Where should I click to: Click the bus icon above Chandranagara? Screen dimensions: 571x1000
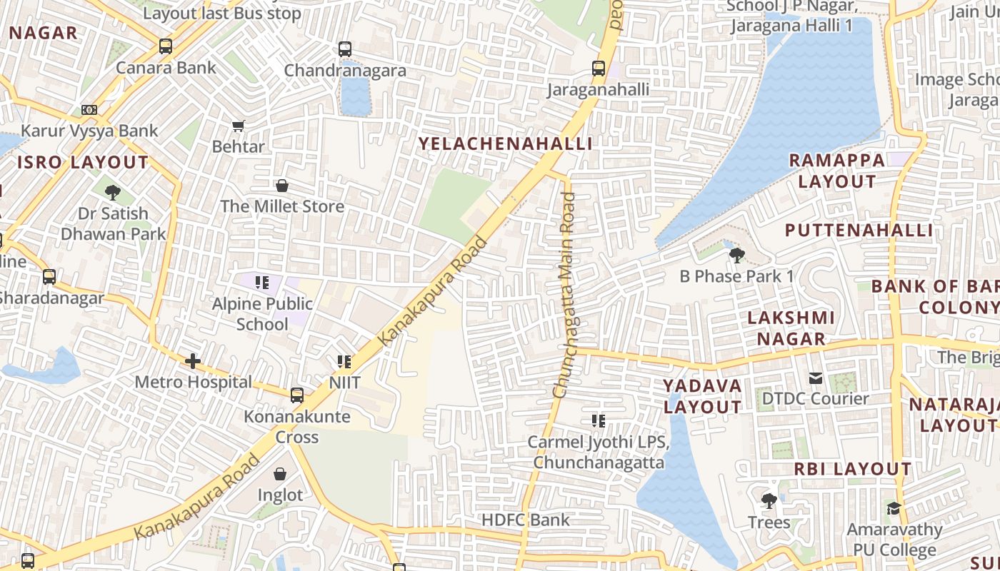(x=345, y=49)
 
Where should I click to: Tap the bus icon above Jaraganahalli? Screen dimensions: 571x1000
(x=599, y=69)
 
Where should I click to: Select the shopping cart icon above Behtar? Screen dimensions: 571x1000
(x=239, y=126)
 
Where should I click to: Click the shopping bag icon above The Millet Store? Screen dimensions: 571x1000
(x=282, y=186)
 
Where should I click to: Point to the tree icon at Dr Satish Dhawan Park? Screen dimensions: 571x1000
(x=112, y=192)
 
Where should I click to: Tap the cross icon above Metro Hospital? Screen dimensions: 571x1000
(x=193, y=361)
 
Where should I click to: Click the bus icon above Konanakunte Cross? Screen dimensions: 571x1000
(x=297, y=395)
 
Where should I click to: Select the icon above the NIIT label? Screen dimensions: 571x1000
(x=344, y=362)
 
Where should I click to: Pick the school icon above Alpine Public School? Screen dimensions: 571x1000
(x=262, y=283)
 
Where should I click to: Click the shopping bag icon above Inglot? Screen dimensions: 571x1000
(x=280, y=474)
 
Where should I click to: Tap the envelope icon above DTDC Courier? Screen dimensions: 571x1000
(x=815, y=378)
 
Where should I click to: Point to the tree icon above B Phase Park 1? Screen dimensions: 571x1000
(x=737, y=255)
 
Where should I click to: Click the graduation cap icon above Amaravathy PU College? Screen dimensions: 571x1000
(x=894, y=508)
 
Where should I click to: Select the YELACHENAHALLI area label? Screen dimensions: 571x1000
(x=505, y=143)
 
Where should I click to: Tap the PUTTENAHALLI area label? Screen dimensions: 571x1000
(x=859, y=230)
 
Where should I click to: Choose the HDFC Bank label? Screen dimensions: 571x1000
(x=526, y=520)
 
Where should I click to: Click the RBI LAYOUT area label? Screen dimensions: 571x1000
(x=853, y=469)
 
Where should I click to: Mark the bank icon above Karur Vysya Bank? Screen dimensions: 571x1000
(x=89, y=110)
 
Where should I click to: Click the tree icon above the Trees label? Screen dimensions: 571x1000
(x=769, y=501)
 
